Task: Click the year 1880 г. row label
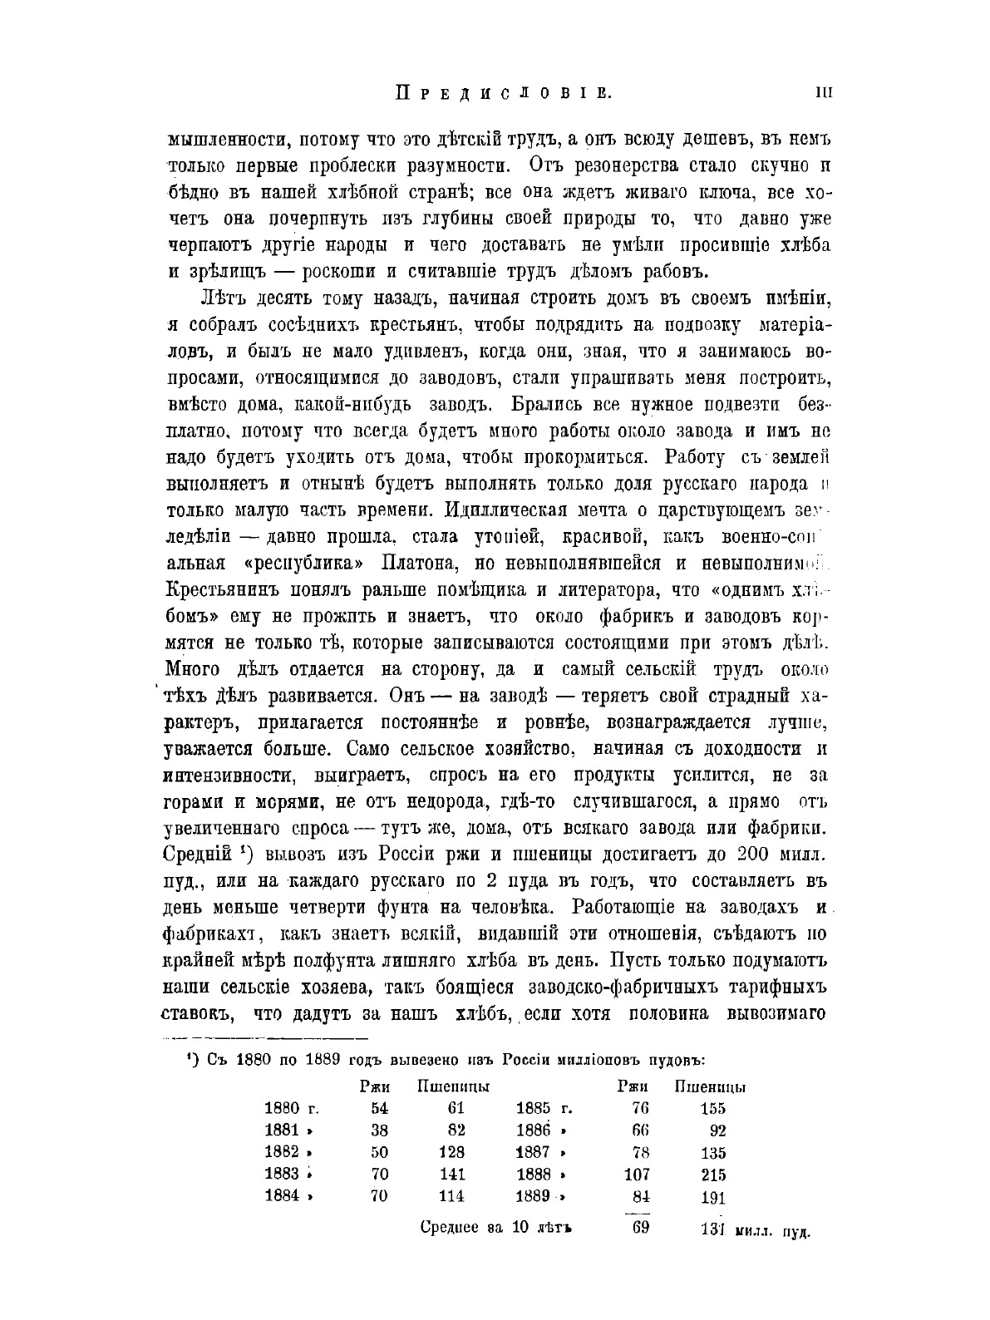coord(291,1108)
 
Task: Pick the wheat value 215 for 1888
coord(713,1175)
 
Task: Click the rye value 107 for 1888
coord(637,1175)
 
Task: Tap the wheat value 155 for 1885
coord(713,1108)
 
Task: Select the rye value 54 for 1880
coord(379,1108)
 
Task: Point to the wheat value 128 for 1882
coord(452,1153)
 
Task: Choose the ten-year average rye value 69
coord(639,1229)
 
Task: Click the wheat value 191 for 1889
coord(713,1198)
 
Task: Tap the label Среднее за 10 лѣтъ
coord(497,1229)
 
